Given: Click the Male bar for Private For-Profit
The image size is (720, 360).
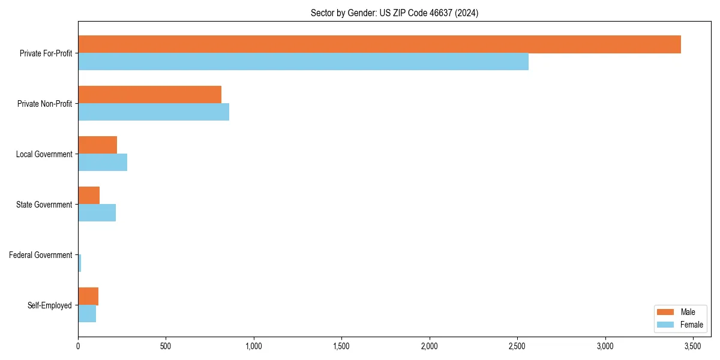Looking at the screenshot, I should pyautogui.click(x=379, y=44).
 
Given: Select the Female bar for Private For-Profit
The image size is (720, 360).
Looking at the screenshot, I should pyautogui.click(x=303, y=62).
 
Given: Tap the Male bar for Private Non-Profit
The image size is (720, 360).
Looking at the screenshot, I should pyautogui.click(x=149, y=95).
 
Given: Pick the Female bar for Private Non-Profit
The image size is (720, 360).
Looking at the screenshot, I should pyautogui.click(x=154, y=112).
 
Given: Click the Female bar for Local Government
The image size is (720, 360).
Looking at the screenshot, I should pyautogui.click(x=103, y=163).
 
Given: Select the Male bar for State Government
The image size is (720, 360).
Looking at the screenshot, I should pyautogui.click(x=89, y=196).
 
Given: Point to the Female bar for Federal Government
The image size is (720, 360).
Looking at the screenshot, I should pyautogui.click(x=80, y=263).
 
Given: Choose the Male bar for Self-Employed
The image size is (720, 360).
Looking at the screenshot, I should pyautogui.click(x=88, y=296).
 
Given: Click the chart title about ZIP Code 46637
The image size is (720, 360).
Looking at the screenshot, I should pyautogui.click(x=394, y=13).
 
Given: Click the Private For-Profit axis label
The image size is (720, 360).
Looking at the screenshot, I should pyautogui.click(x=46, y=53).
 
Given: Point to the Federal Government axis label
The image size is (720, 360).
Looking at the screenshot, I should pyautogui.click(x=41, y=255).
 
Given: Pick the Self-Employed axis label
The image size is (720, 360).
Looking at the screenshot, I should pyautogui.click(x=50, y=305).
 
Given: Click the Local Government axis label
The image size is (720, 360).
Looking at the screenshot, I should pyautogui.click(x=44, y=154).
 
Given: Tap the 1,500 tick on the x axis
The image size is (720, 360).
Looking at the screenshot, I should pyautogui.click(x=341, y=346).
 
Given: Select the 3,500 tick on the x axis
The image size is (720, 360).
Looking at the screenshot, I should pyautogui.click(x=693, y=346).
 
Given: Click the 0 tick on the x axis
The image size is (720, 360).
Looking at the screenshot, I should pyautogui.click(x=78, y=346).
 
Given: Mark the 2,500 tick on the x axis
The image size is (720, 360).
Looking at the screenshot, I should pyautogui.click(x=517, y=346).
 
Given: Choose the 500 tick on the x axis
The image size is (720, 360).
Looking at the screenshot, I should pyautogui.click(x=166, y=346).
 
